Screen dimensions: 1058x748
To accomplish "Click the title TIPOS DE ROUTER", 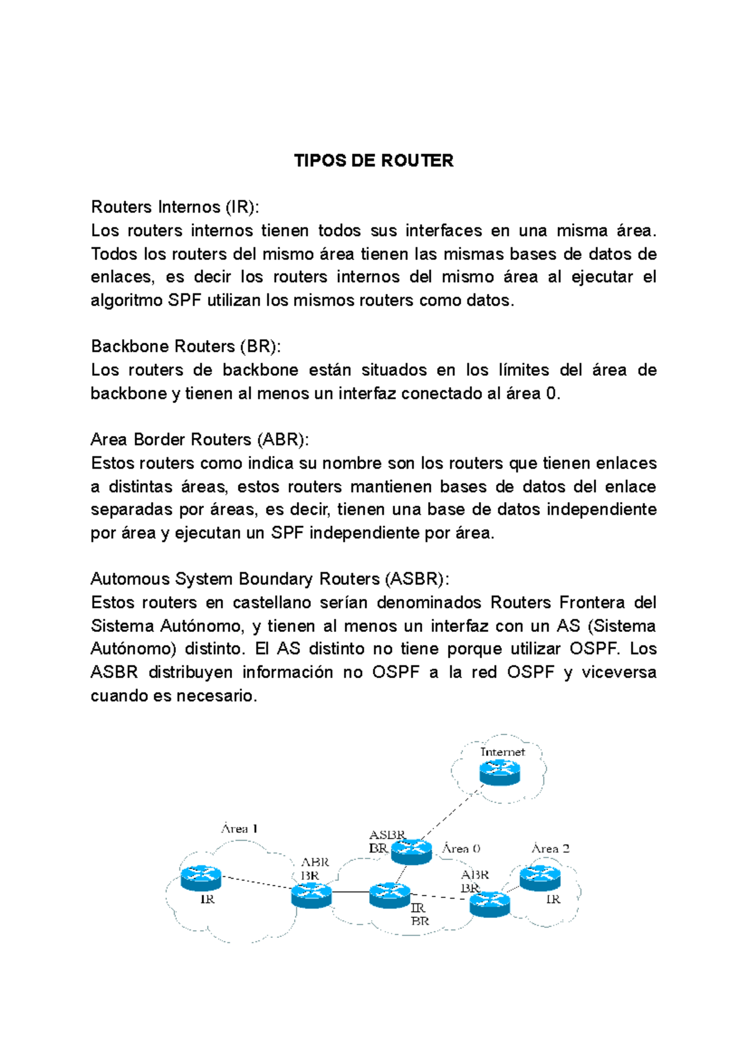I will [x=373, y=161].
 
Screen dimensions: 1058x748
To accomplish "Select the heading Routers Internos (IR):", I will [x=175, y=207].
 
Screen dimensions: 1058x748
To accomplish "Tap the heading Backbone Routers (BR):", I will [x=186, y=346].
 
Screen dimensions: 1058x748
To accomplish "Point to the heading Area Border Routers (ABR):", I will [x=199, y=440].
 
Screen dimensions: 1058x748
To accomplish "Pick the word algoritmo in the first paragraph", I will [x=127, y=300].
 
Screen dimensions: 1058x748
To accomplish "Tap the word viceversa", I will [x=618, y=672].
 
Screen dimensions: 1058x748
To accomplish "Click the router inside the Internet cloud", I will [x=500, y=773].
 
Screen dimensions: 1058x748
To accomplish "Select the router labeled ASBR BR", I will [x=411, y=851].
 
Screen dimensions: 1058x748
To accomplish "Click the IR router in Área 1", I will [x=201, y=878].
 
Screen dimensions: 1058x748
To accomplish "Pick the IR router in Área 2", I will [x=540, y=878].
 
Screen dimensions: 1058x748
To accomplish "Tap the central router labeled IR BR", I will [x=390, y=895].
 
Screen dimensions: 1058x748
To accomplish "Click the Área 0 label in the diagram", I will [x=461, y=849].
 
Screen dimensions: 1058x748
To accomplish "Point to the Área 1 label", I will [x=239, y=829].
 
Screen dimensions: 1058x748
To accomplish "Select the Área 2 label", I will [x=550, y=849].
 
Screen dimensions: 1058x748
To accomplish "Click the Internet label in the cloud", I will [x=502, y=752].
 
